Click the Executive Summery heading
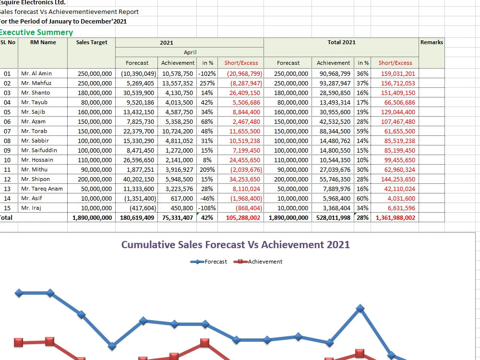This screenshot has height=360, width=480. tap(36, 32)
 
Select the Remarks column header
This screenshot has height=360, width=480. tap(432, 42)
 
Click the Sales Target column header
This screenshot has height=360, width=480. tap(92, 42)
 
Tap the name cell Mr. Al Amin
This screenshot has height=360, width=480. tap(36, 73)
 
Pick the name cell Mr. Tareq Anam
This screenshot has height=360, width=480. tap(42, 189)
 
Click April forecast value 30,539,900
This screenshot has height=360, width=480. tap(139, 93)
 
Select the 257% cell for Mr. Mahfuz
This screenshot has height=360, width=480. tap(207, 83)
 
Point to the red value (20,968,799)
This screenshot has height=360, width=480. tap(244, 74)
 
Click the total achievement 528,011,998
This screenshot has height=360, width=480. tap(333, 217)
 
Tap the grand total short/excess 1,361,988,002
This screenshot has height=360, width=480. tap(395, 217)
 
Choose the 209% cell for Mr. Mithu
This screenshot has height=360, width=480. tap(207, 169)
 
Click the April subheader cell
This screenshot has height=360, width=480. tap(190, 52)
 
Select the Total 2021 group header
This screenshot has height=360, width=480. tap(341, 42)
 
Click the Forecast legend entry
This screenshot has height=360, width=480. tap(209, 262)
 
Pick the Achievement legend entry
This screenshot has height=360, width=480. tap(258, 262)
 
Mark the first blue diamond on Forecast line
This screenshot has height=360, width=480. tap(19, 293)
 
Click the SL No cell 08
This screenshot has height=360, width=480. tap(7, 141)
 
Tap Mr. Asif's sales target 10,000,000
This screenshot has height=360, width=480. tap(96, 198)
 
